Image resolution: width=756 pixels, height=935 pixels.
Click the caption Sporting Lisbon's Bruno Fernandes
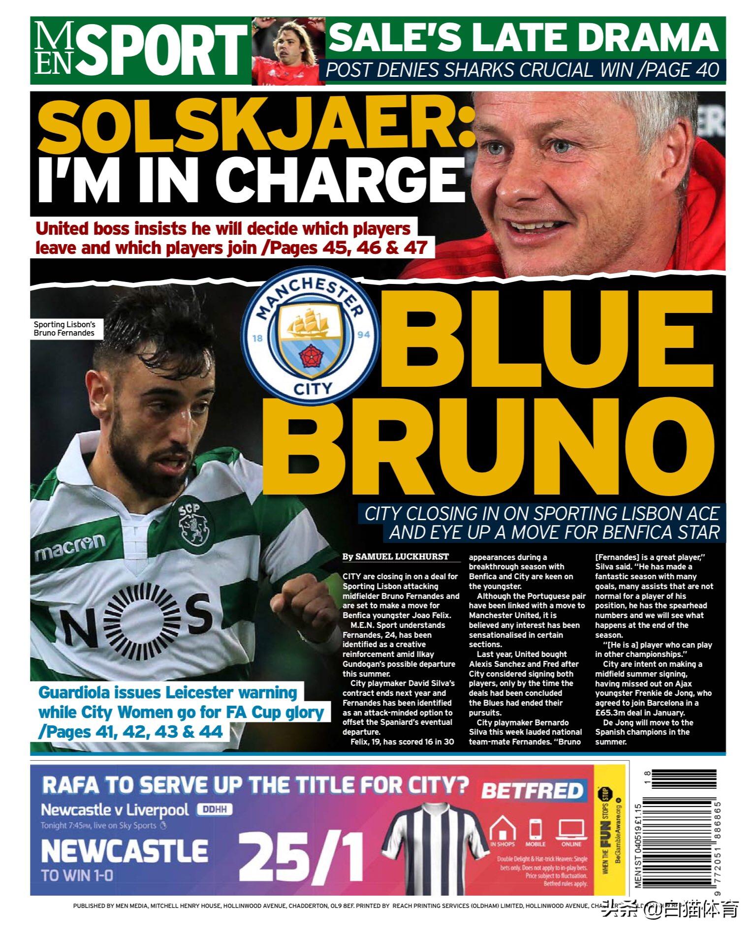64,329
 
